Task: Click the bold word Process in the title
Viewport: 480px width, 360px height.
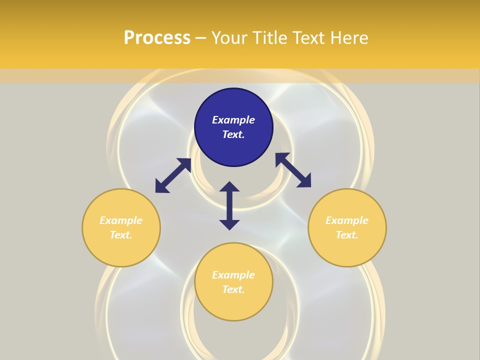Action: (157, 38)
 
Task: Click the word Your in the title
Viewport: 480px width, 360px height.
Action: (230, 38)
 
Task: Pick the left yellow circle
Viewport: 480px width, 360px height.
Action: (121, 245)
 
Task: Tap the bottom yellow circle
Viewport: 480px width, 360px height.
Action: (233, 305)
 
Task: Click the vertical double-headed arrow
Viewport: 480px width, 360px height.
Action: (229, 205)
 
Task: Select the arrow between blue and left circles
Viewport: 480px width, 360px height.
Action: (173, 175)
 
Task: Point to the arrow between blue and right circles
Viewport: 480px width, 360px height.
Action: (293, 170)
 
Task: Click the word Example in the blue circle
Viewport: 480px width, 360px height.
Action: (233, 120)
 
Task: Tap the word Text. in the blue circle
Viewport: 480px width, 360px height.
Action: (233, 134)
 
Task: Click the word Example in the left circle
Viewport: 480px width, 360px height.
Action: (121, 220)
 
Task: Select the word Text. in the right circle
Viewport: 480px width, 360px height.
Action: (347, 235)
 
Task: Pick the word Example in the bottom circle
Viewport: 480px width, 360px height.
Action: (233, 275)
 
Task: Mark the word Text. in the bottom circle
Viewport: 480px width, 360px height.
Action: (233, 289)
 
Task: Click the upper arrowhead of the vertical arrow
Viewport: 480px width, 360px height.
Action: (229, 187)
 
